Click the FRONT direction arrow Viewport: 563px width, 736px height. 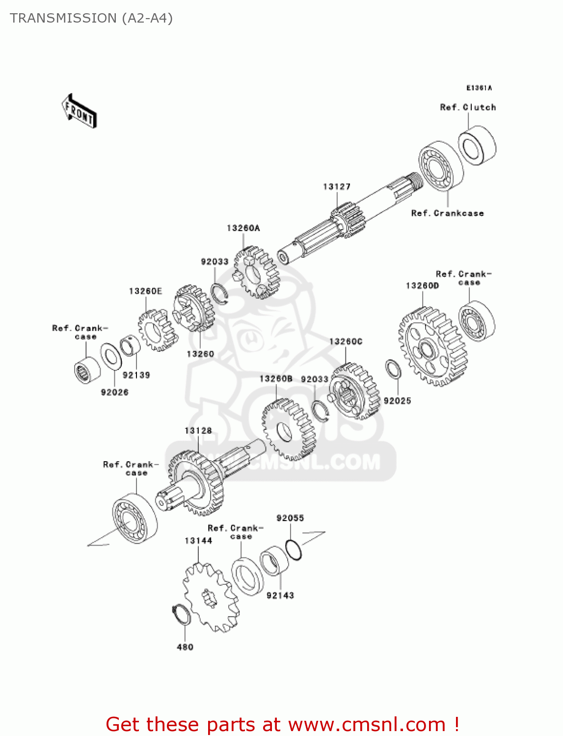coord(79,111)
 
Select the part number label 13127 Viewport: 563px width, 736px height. coord(337,186)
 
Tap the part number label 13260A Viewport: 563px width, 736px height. coord(243,228)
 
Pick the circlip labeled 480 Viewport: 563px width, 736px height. coord(181,615)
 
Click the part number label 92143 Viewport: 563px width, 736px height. coord(280,596)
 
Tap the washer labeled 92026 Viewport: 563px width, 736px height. coord(111,356)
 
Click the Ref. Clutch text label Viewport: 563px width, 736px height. coord(468,107)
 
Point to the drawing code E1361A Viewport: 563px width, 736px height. coord(479,88)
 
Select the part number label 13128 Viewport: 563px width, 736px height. coord(198,431)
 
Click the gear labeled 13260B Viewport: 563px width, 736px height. coord(288,429)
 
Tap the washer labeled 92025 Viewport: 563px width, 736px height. coord(393,369)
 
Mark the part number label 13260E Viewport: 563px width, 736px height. coord(145,291)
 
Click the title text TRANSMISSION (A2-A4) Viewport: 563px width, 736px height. coord(91,18)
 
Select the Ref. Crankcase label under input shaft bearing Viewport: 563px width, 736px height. coord(447,213)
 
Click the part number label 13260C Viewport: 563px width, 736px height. coord(346,342)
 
